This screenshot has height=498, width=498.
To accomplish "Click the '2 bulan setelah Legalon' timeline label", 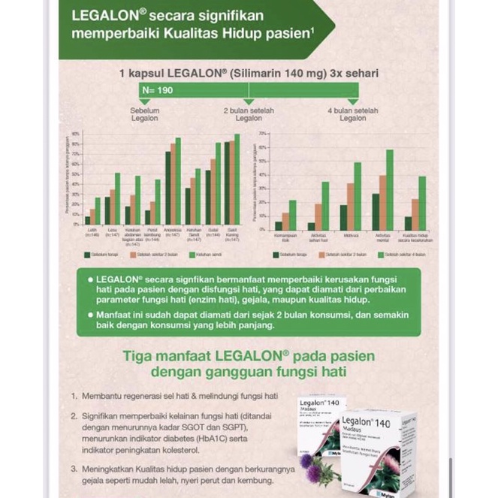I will point(249,114).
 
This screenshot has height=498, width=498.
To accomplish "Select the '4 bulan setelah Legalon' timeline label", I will point(352,114).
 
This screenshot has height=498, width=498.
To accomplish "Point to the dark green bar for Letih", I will point(88,221).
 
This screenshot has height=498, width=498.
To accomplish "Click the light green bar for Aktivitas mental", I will point(389,190).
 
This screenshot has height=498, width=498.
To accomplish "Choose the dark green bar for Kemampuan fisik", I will point(279,225).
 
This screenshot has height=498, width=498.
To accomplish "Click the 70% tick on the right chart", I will point(263,133).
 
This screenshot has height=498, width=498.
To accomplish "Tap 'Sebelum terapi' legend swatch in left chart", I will point(87,254).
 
